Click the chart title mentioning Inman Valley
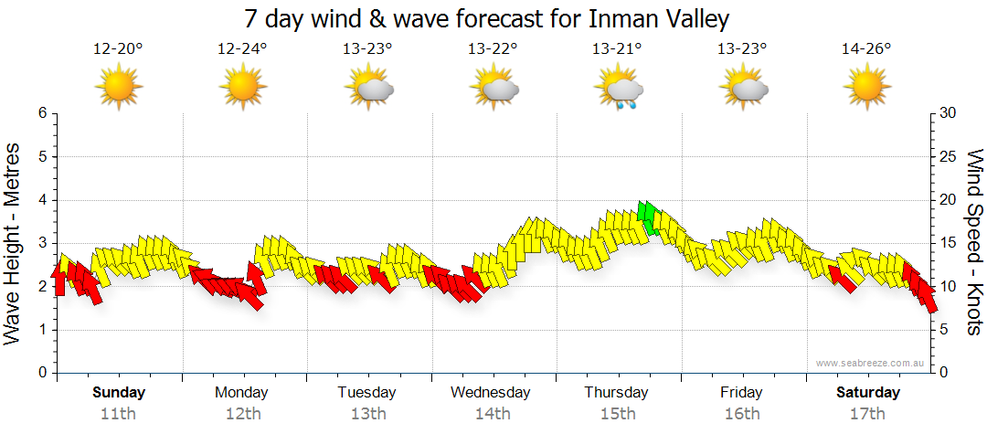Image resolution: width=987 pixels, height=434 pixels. (x=487, y=19)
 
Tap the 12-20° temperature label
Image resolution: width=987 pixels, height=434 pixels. (x=118, y=49)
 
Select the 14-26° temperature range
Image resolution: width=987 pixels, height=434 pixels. (x=866, y=49)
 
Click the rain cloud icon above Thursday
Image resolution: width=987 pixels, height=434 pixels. (x=621, y=90)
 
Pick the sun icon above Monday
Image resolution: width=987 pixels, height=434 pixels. (x=243, y=89)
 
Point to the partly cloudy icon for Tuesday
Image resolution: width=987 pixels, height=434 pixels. (x=369, y=90)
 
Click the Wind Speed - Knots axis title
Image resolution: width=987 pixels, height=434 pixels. (x=973, y=242)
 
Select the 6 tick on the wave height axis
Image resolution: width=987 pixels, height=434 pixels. (x=41, y=113)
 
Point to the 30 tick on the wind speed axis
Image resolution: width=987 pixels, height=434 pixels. (x=948, y=113)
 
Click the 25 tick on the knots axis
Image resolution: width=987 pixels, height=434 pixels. (x=948, y=157)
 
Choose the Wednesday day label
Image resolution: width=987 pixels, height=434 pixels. (x=491, y=393)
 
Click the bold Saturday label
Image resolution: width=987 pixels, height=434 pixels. (x=868, y=393)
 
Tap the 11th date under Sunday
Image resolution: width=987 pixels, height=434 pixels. (x=118, y=414)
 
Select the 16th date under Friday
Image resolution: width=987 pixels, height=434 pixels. (x=741, y=414)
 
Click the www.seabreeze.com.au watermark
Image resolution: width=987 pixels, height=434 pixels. (x=871, y=363)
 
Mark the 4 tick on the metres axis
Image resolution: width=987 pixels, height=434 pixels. (x=41, y=200)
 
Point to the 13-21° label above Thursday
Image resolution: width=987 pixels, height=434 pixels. (x=617, y=49)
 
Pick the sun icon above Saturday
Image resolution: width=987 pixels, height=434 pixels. (x=866, y=89)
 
